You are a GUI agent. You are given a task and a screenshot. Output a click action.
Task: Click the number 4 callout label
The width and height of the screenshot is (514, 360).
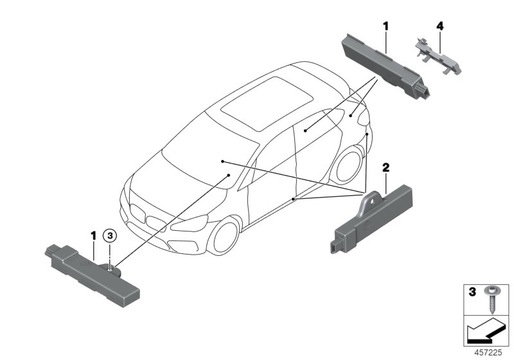pyautogui.click(x=439, y=26)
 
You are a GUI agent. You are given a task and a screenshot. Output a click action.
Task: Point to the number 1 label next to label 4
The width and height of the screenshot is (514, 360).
pyautogui.click(x=385, y=26)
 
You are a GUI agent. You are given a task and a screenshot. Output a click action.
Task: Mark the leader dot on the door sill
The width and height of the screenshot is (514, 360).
pyautogui.click(x=293, y=200)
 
